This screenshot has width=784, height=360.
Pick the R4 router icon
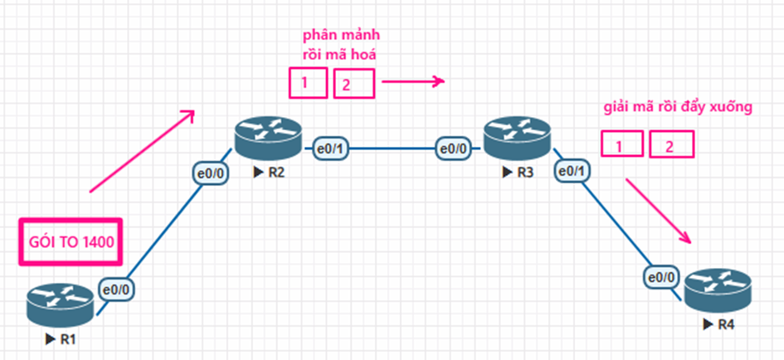(x=718, y=290)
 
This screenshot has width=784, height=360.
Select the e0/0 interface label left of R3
(x=453, y=149)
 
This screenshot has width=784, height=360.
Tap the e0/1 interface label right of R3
(x=572, y=171)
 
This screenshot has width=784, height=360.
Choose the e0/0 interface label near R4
(x=663, y=276)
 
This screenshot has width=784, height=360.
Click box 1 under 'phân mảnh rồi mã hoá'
(x=307, y=83)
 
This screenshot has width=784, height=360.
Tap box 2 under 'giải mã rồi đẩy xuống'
(x=671, y=146)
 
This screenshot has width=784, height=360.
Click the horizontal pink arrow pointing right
(x=413, y=81)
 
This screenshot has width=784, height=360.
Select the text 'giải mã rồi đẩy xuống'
(x=678, y=109)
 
